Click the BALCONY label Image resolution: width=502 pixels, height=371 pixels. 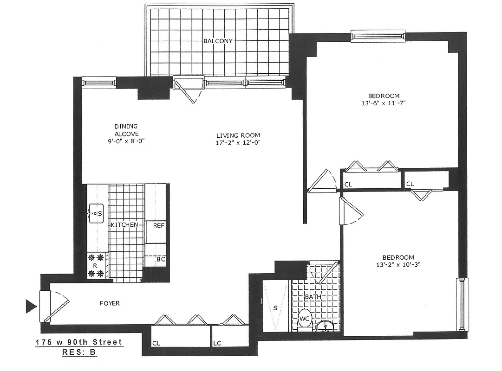218,41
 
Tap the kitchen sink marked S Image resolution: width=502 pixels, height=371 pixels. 96,214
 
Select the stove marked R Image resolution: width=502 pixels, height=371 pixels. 95,266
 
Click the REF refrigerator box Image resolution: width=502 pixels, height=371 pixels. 155,226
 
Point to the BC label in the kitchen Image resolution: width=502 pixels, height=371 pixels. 160,259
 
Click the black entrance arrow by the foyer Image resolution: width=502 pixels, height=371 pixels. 31,306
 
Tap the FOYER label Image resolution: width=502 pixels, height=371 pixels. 110,303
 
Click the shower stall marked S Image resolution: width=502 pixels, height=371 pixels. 275,307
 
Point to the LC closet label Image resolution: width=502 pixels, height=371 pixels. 217,344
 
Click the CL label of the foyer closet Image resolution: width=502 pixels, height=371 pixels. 156,344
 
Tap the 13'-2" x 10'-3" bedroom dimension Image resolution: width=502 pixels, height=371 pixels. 398,266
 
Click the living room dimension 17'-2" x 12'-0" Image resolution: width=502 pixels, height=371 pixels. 238,143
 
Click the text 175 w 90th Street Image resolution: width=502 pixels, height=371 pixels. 79,342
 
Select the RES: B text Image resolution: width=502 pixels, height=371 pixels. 79,352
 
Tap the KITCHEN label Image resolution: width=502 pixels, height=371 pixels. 124,225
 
